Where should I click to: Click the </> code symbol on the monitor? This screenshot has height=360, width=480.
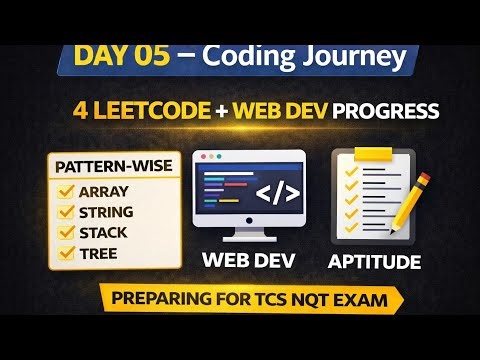pyautogui.click(x=277, y=191)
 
